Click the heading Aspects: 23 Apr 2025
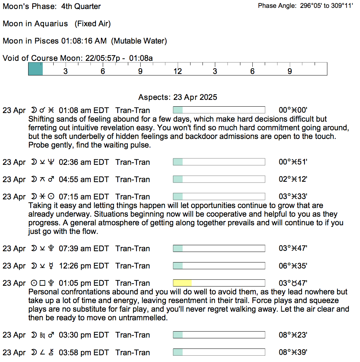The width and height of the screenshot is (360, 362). point(177,97)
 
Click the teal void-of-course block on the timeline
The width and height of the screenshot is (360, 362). point(36,69)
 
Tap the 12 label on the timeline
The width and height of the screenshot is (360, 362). point(177,71)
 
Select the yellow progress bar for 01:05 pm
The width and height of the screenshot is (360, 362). point(182,283)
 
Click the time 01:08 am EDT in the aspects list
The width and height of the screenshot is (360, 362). point(84,110)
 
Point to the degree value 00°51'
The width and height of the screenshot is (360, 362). point(293,162)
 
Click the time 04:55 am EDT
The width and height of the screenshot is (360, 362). point(84,179)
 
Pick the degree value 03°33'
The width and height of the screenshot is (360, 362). point(293,197)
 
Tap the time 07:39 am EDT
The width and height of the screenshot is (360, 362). point(84,249)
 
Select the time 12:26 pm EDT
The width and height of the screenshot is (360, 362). point(84,266)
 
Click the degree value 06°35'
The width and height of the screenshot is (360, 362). point(293,266)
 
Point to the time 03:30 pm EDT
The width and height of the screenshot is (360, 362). point(84,335)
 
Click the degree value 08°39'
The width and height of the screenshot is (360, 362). point(293,353)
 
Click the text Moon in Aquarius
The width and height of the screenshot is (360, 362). point(35,24)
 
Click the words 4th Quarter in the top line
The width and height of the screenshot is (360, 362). point(81,6)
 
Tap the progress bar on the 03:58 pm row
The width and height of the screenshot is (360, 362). point(219,352)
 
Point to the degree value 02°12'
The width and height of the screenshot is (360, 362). point(293,179)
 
